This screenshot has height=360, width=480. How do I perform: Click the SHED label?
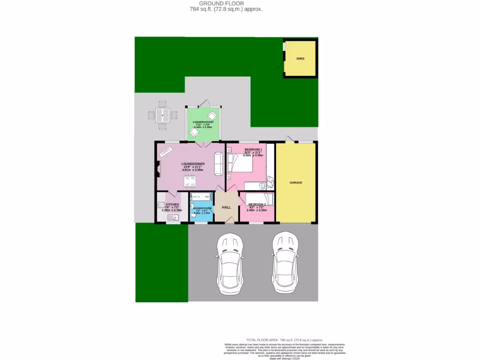(x=300, y=59)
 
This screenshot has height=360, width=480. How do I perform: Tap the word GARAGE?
(x=296, y=182)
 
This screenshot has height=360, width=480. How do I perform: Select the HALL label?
(x=226, y=207)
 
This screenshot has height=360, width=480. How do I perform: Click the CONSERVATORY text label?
(x=203, y=122)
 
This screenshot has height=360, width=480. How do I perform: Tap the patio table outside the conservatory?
(x=163, y=114)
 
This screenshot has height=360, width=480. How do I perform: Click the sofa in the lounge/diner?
(x=218, y=164)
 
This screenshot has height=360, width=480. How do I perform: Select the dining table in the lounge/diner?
(x=190, y=179)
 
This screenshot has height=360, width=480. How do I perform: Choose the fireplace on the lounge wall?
(x=158, y=168)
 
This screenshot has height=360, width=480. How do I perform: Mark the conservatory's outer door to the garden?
(x=204, y=104)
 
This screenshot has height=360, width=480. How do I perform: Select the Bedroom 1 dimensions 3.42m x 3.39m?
(x=253, y=155)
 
